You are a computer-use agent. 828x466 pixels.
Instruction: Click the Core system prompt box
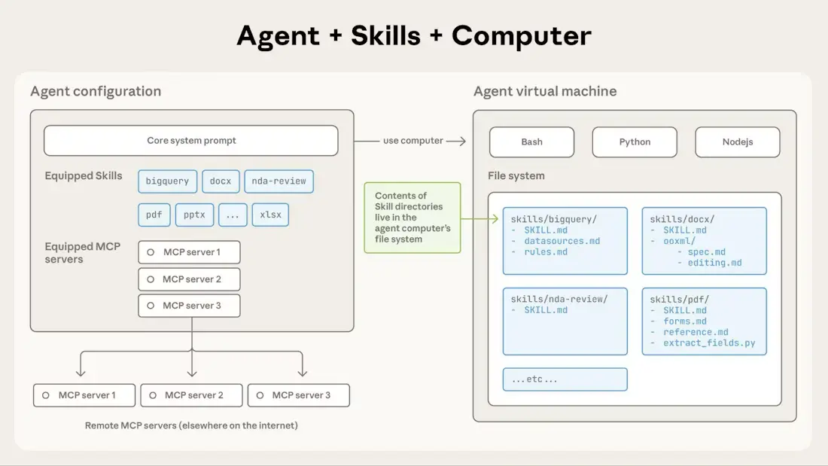(x=191, y=141)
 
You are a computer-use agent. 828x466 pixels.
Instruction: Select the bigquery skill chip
(x=167, y=181)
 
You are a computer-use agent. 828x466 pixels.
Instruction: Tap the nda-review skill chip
(x=279, y=181)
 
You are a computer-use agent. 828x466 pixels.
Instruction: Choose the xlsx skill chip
(x=270, y=215)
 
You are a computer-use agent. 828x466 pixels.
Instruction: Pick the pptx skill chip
(x=194, y=215)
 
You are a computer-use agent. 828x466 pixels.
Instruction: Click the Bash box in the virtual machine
(x=531, y=142)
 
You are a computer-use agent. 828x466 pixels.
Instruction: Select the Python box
(x=635, y=142)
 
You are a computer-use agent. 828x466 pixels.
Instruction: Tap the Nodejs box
(x=737, y=142)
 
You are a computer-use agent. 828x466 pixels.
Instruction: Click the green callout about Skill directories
(x=412, y=218)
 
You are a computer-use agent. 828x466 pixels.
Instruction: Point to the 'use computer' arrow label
(x=413, y=141)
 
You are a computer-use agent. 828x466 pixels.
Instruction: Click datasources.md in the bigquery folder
(x=562, y=241)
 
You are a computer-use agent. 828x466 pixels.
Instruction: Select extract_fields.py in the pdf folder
(x=709, y=343)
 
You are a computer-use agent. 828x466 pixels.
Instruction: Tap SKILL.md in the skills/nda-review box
(x=546, y=310)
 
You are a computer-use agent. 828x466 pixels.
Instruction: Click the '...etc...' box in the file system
(x=565, y=379)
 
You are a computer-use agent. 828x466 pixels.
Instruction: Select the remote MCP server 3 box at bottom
(x=299, y=395)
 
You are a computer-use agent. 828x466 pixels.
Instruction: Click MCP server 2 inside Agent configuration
(x=190, y=279)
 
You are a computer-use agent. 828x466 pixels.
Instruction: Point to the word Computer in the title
(x=522, y=35)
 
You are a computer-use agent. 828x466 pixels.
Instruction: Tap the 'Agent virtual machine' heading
(x=545, y=91)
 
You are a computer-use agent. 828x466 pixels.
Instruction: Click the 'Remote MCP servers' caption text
(x=191, y=425)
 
